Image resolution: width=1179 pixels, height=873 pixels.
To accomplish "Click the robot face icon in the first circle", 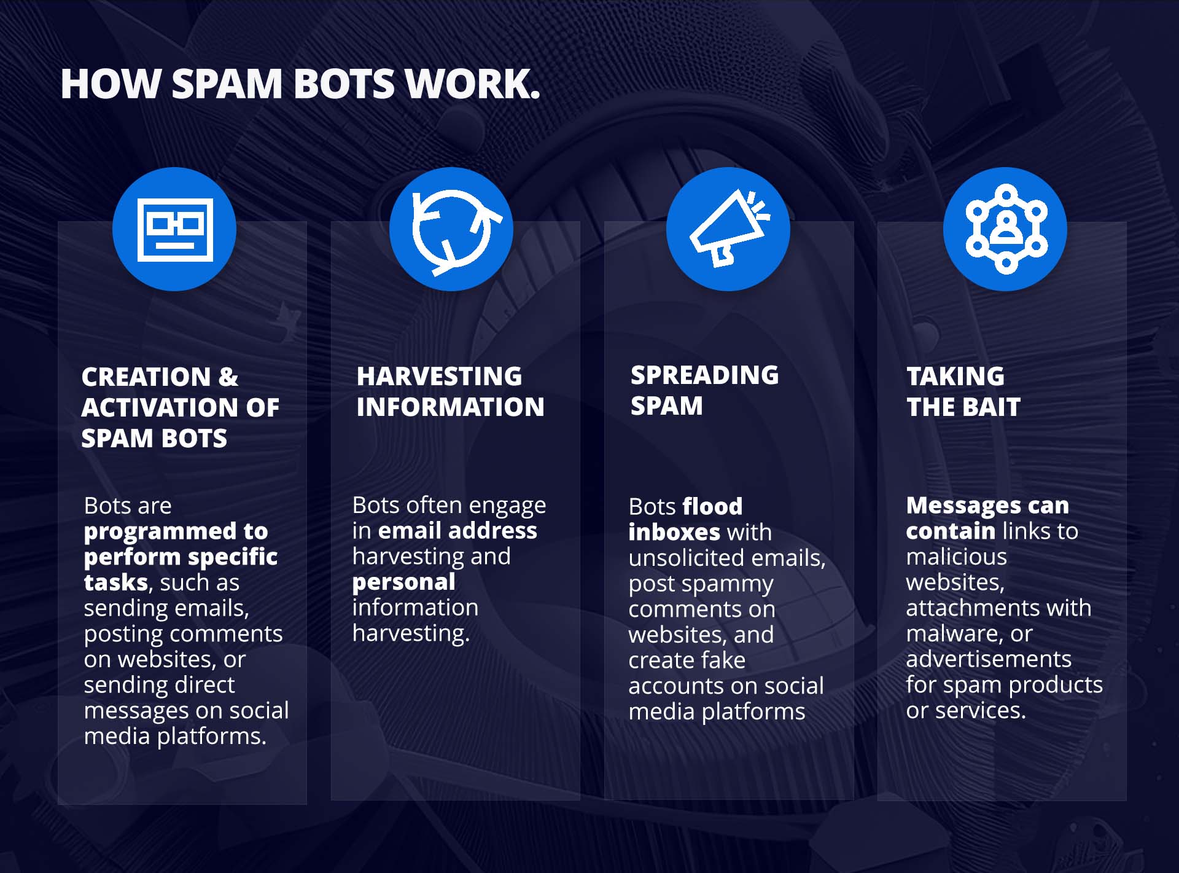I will tap(175, 230).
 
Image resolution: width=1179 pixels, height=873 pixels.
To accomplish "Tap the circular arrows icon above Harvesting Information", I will tap(452, 230).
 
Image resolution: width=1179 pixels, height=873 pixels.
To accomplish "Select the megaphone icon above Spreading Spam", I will tap(728, 230).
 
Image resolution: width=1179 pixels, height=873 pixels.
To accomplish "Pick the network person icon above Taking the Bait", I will tap(1005, 229).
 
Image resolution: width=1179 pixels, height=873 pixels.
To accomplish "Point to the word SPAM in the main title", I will tap(227, 84).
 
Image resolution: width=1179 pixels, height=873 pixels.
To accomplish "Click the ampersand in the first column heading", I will tap(228, 377).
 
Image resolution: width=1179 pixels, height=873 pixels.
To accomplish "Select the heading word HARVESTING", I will tap(439, 377).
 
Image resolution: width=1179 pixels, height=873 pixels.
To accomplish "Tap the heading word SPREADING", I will tap(704, 375).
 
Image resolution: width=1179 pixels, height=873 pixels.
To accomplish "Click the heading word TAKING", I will tap(955, 377).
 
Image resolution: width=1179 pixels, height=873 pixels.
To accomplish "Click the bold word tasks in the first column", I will tap(116, 582).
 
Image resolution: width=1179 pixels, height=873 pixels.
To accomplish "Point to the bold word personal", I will tap(403, 582).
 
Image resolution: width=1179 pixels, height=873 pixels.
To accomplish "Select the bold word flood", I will tap(712, 507).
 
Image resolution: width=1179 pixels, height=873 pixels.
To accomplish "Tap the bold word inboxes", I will tap(674, 532).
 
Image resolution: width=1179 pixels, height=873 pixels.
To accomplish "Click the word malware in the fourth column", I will tap(951, 633).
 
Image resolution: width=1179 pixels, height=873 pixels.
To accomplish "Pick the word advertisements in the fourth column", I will tap(988, 659).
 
